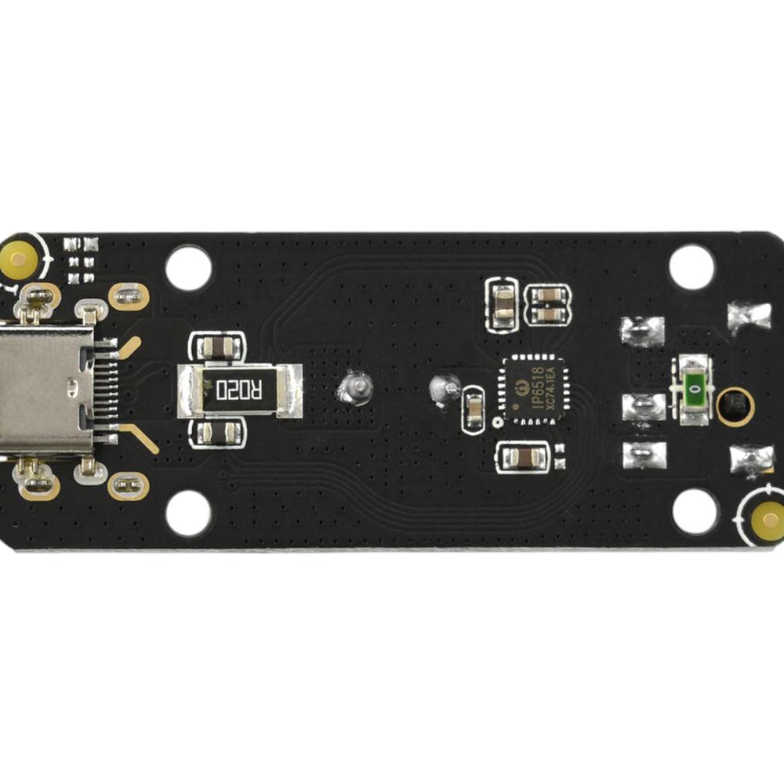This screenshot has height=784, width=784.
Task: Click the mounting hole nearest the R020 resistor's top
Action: click(188, 268)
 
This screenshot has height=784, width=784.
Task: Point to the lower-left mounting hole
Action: click(188, 514)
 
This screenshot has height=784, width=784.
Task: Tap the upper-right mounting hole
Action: click(691, 267)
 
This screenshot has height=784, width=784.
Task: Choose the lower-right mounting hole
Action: click(695, 511)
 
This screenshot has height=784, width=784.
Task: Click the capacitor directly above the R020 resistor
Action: click(216, 346)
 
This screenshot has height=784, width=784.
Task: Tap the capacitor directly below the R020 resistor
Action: click(216, 430)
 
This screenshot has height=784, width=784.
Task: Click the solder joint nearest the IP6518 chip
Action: click(445, 387)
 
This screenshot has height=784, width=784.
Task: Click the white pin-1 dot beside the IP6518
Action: click(497, 423)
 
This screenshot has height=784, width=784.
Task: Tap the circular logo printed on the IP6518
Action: click(519, 385)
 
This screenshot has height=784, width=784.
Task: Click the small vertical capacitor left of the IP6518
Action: click(474, 408)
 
